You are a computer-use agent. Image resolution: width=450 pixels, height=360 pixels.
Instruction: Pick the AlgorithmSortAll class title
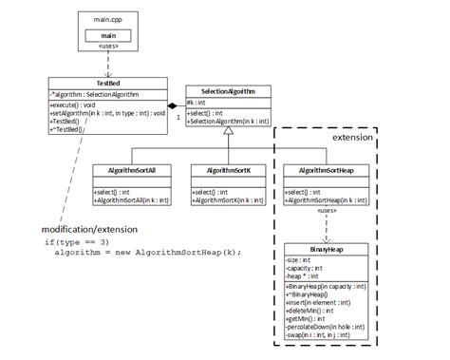[130, 171]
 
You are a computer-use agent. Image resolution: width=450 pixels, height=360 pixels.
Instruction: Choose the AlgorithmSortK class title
[226, 171]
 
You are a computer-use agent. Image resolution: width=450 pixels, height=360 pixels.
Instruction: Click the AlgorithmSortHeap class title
[326, 171]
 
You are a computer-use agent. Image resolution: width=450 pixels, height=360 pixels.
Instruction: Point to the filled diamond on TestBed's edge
[175, 104]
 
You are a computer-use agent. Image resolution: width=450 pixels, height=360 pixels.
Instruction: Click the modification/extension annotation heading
[90, 229]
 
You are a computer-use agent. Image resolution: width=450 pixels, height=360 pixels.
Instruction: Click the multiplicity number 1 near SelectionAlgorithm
[178, 118]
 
